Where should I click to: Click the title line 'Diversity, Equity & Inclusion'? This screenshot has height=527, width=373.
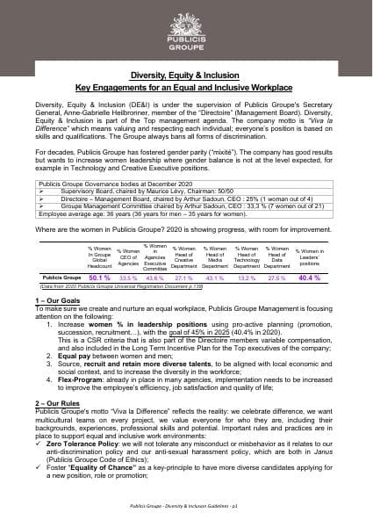[x=186, y=77]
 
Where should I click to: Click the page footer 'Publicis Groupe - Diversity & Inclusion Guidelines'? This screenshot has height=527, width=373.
[x=186, y=507]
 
